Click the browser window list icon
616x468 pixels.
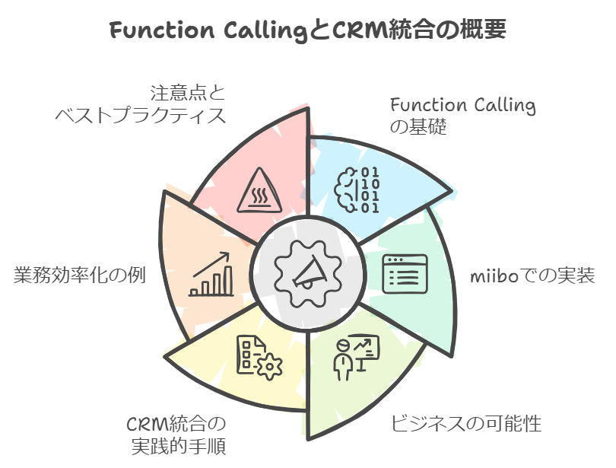pos(404,274)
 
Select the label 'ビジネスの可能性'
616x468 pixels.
pos(466,423)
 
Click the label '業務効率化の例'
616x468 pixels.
pos(80,275)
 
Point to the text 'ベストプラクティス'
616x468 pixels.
pos(141,116)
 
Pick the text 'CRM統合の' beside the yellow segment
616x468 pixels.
pos(176,423)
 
